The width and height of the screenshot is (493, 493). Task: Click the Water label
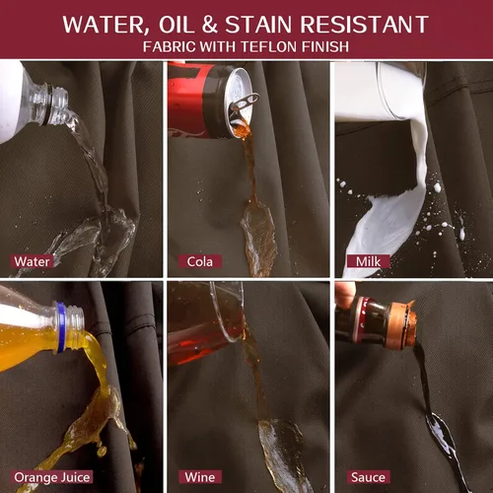(32, 261)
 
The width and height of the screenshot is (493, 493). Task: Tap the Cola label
(200, 261)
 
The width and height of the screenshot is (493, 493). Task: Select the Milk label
(368, 261)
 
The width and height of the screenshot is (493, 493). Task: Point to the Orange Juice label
(52, 477)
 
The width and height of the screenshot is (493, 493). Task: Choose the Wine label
(200, 477)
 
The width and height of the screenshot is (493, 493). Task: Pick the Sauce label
(368, 477)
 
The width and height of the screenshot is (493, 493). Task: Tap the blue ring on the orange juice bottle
(61, 327)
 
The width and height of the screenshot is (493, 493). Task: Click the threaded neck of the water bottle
(56, 106)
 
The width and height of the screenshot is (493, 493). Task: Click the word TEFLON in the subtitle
(269, 46)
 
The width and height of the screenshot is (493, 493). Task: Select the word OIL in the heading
(176, 25)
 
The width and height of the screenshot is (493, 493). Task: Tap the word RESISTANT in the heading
(364, 25)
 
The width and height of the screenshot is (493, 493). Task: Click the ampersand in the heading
(209, 25)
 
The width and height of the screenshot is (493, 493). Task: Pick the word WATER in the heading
(104, 25)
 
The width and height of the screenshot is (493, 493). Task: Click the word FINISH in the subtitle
(325, 46)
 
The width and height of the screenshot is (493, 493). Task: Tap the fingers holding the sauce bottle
(345, 295)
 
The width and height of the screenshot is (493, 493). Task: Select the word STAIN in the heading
(258, 25)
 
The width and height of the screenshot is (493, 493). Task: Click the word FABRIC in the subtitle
(170, 46)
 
